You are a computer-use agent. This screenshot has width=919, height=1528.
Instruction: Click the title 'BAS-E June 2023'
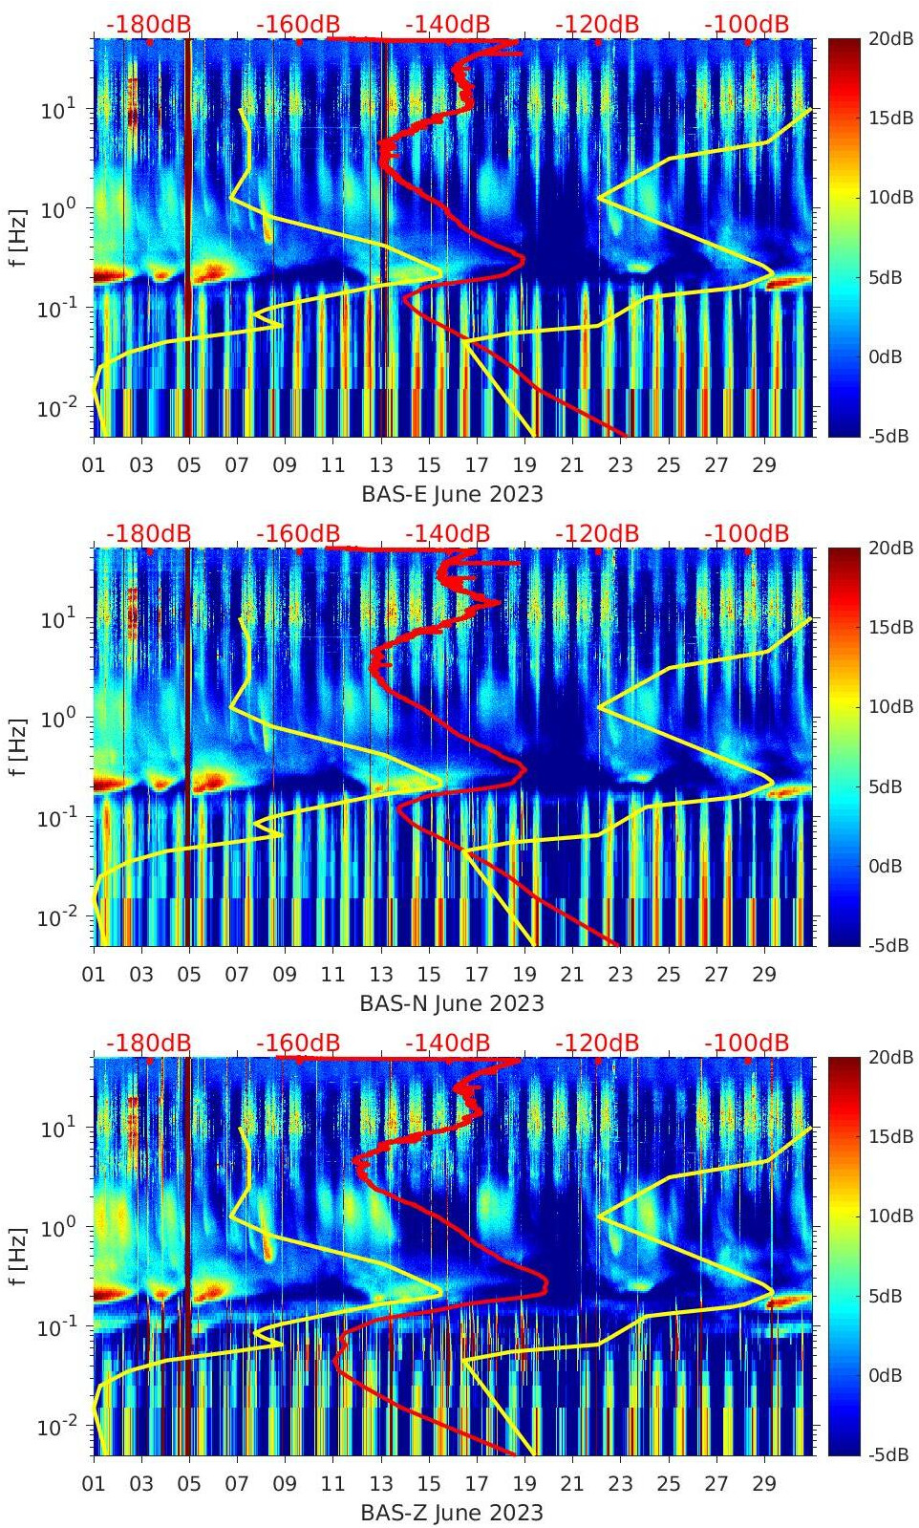[x=452, y=494]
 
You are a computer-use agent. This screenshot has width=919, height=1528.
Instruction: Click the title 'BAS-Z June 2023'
[x=452, y=1513]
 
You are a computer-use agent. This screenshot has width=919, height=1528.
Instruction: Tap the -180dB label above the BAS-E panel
[x=148, y=24]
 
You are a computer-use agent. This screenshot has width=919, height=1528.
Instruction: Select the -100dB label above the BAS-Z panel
[x=747, y=1043]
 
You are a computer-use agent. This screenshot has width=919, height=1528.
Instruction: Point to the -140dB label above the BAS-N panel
[x=447, y=533]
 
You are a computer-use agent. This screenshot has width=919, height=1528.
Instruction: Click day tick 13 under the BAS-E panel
[x=381, y=465]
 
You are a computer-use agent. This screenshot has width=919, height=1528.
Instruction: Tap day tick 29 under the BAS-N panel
[x=764, y=975]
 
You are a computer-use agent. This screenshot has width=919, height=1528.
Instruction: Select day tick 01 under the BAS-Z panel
[x=94, y=1484]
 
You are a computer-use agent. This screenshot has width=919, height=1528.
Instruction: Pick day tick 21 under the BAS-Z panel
[x=572, y=1484]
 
